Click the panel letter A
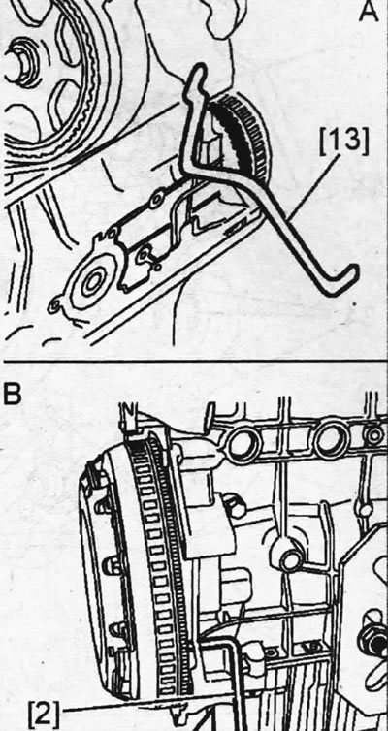point(369,11)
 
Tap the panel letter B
point(12,393)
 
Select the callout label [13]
point(344,142)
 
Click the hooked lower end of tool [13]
point(344,281)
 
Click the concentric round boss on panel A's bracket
point(92,282)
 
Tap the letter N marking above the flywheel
point(127,412)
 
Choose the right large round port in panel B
point(332,439)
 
